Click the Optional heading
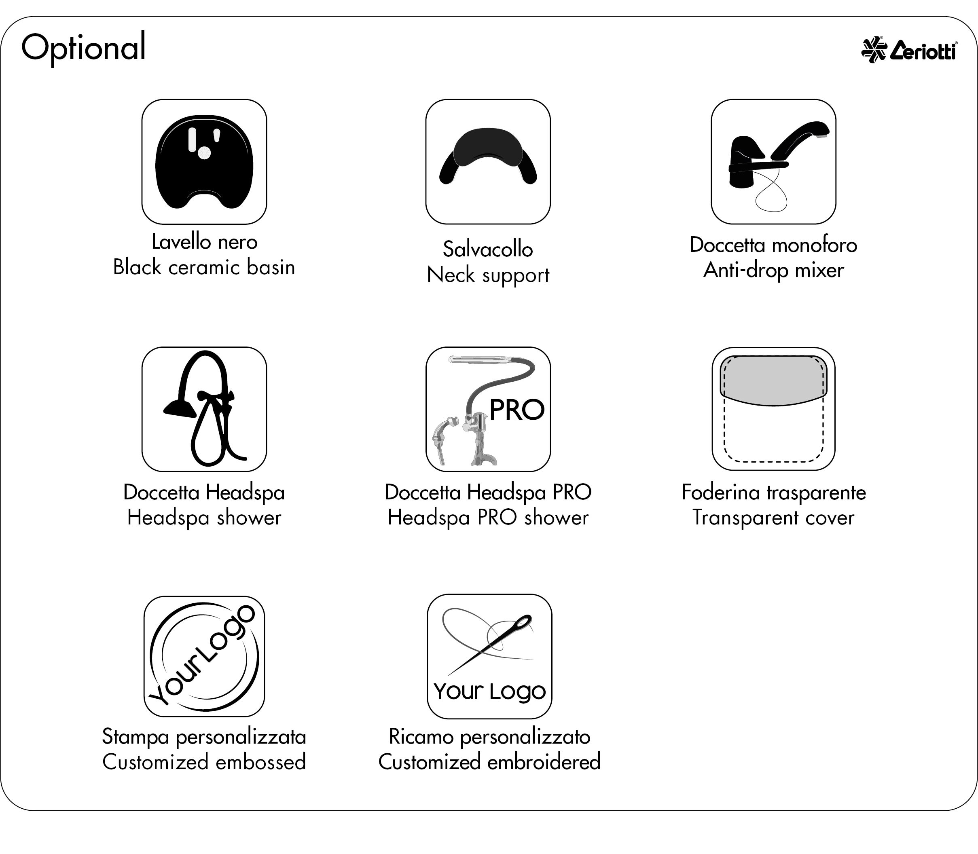pyautogui.click(x=83, y=48)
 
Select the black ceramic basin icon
pyautogui.click(x=204, y=162)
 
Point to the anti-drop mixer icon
pyautogui.click(x=773, y=162)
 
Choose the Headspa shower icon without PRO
pyautogui.click(x=204, y=409)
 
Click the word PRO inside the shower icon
pyautogui.click(x=517, y=410)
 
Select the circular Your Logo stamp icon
pyautogui.click(x=204, y=656)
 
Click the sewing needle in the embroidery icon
pyautogui.click(x=491, y=643)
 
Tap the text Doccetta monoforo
pyautogui.click(x=773, y=245)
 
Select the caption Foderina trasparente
pyautogui.click(x=773, y=492)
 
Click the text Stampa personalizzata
pyautogui.click(x=204, y=737)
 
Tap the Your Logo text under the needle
pyautogui.click(x=489, y=691)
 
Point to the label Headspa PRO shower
pyautogui.click(x=488, y=518)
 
